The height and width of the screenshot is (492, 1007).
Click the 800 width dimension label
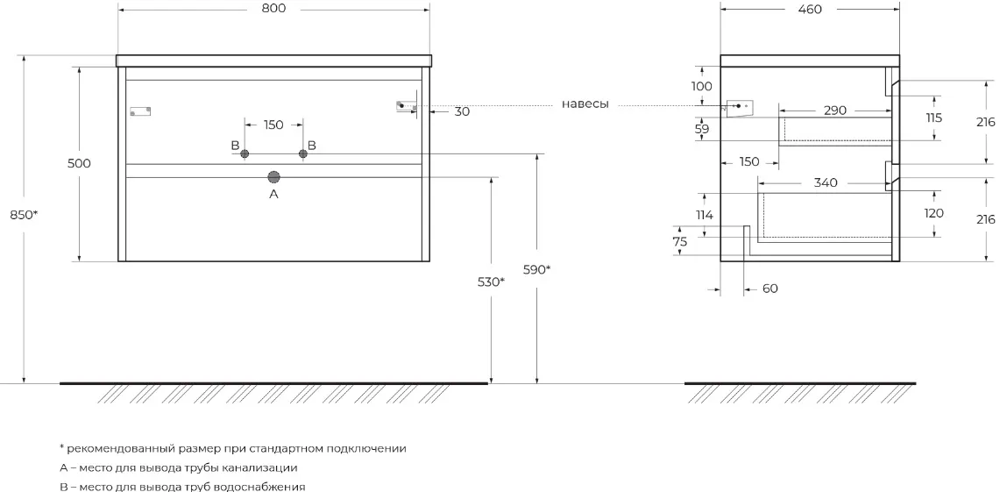coord(273,9)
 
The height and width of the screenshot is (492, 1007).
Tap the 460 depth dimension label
coord(810,10)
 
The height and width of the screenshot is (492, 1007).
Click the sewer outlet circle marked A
coord(273,176)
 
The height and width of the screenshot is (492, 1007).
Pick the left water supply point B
coord(245,154)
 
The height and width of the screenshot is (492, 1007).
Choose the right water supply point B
coord(303,154)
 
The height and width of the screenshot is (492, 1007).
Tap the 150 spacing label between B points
coord(273,125)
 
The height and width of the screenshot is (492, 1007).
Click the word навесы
coord(585,104)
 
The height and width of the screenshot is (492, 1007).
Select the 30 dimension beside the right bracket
coord(462,111)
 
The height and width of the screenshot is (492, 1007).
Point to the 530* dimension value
coord(491,282)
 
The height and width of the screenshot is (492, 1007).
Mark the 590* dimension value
coord(536,269)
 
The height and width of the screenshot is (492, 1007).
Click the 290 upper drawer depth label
coord(835,111)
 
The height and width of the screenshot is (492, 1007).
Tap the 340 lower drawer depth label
coord(825,182)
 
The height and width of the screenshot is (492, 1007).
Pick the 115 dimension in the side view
coord(933,118)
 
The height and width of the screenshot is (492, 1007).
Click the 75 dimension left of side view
coord(680,242)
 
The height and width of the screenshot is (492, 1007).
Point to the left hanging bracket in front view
coord(140,111)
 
